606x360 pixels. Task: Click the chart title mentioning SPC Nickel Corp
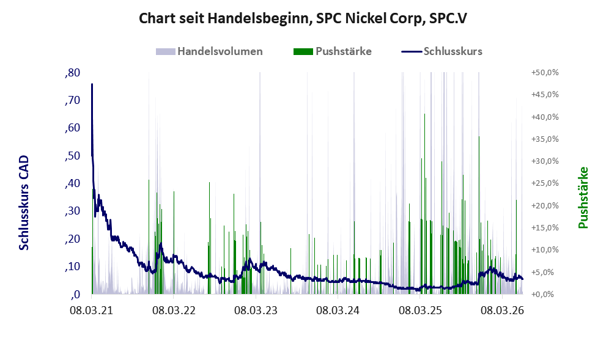(x=303, y=18)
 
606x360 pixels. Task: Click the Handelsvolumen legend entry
(x=209, y=51)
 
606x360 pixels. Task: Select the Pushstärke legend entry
(x=333, y=51)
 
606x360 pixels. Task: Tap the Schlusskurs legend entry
(x=442, y=51)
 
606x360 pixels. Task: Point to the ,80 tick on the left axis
(x=73, y=73)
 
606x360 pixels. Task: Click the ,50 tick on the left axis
(x=73, y=156)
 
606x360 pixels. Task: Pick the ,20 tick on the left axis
(x=73, y=239)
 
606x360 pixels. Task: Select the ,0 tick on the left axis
(x=75, y=295)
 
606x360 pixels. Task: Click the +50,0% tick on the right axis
(x=545, y=73)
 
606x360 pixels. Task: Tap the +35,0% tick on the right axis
(x=545, y=139)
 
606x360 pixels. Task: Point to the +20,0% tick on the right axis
(x=545, y=205)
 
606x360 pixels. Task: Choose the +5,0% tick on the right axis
(x=547, y=272)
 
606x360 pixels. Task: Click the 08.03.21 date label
(x=92, y=310)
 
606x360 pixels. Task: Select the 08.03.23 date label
(x=256, y=310)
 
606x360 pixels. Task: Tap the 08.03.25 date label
(x=420, y=310)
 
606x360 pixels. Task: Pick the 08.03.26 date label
(x=502, y=310)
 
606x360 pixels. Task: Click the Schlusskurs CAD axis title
(x=24, y=203)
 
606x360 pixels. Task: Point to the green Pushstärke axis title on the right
(x=583, y=198)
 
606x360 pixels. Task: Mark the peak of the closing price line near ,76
(x=92, y=84)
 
